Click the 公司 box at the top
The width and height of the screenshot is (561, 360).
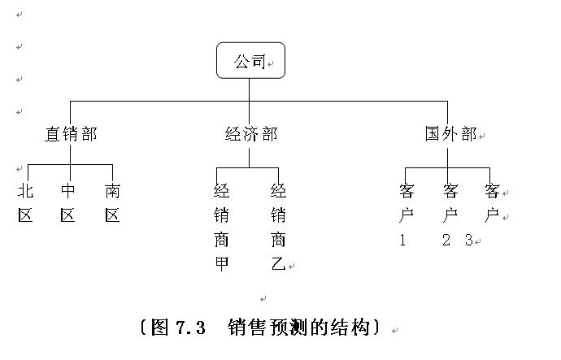tap(250, 60)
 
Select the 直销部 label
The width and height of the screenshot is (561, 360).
tap(71, 134)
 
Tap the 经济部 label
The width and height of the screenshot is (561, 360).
tap(251, 134)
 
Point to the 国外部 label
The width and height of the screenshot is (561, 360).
tap(450, 134)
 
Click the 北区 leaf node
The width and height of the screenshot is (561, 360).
tap(25, 202)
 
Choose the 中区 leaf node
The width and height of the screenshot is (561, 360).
tap(67, 202)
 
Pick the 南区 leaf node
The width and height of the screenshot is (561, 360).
tap(112, 202)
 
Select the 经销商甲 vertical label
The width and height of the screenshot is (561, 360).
tap(221, 228)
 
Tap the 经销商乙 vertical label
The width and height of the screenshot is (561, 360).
tap(278, 228)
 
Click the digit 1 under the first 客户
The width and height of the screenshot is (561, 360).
tap(402, 240)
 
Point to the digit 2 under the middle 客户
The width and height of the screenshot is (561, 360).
tap(446, 240)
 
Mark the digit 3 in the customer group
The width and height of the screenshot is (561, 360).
tap(469, 240)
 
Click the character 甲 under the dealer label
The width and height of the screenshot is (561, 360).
tap(221, 264)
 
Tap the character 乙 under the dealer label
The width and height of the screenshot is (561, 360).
tap(278, 264)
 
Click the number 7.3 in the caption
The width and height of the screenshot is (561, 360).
tap(191, 327)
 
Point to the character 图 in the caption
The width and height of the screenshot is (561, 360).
tap(159, 327)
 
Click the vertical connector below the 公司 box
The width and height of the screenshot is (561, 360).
tap(249, 89)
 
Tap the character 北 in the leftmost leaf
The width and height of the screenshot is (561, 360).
tap(25, 191)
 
